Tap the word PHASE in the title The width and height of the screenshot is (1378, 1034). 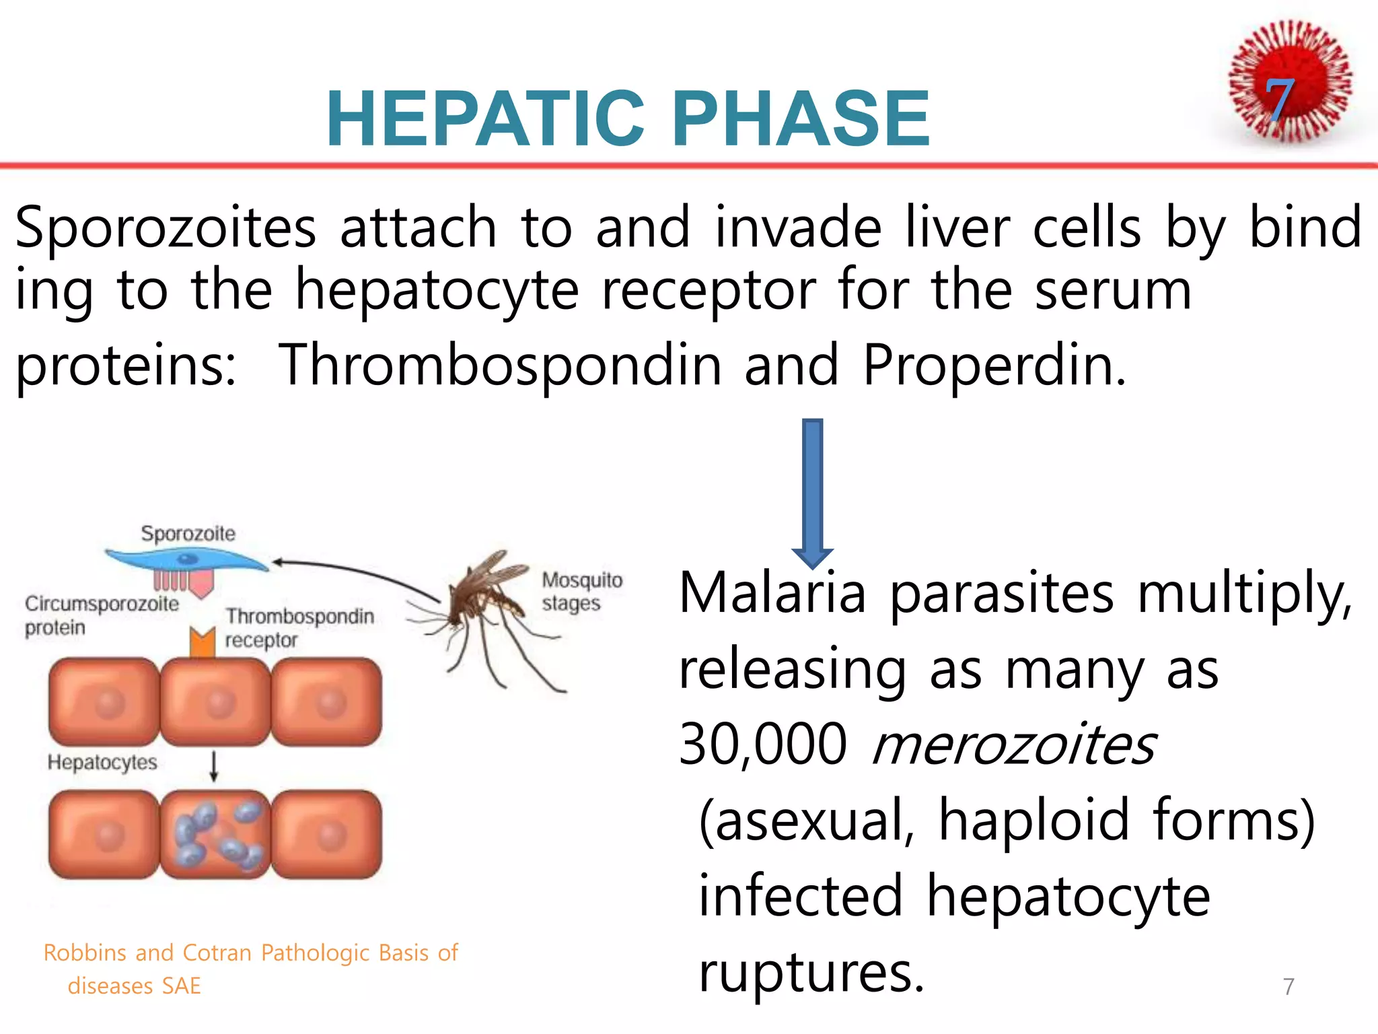click(801, 119)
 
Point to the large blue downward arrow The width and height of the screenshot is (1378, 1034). click(812, 491)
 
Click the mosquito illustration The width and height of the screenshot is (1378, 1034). click(484, 606)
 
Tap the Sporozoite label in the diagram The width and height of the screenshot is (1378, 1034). click(188, 534)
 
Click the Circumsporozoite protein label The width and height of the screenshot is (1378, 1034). click(101, 615)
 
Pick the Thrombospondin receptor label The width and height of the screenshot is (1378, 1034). click(299, 627)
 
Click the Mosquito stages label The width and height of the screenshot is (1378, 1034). click(582, 591)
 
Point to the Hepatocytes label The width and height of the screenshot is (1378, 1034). click(102, 762)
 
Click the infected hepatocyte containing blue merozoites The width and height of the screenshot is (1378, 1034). click(215, 835)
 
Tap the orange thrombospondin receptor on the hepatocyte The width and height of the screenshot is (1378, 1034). click(202, 642)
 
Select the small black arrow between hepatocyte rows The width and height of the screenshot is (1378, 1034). click(214, 766)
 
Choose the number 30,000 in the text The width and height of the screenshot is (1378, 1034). click(762, 745)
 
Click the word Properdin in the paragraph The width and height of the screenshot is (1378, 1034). click(994, 366)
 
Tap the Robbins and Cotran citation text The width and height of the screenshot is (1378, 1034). click(250, 968)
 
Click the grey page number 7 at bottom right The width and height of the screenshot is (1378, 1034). click(1288, 986)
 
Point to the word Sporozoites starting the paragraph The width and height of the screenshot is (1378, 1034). click(166, 228)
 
